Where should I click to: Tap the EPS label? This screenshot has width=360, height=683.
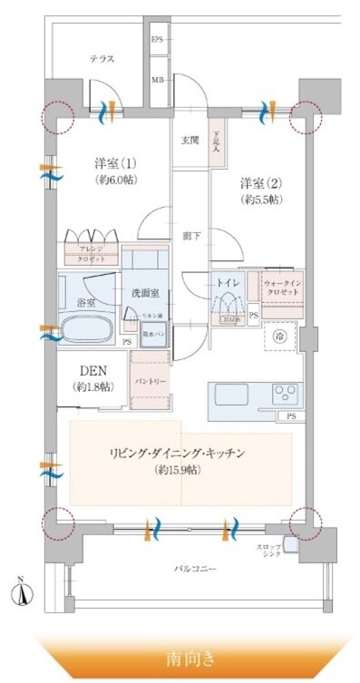[157, 41]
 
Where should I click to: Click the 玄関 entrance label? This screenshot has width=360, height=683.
[190, 140]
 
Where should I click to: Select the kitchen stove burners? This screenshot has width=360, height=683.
[284, 394]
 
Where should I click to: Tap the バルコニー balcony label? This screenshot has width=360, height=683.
[196, 569]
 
